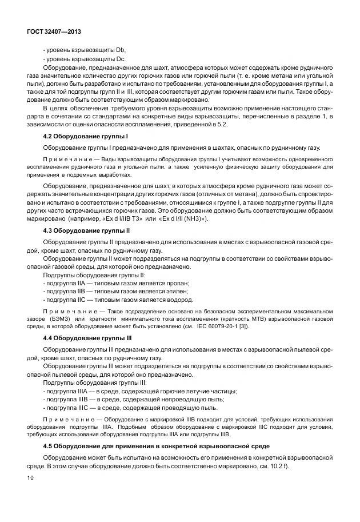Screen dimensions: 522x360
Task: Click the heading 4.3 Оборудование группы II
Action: (87, 230)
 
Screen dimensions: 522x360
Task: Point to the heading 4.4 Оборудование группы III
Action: (88, 338)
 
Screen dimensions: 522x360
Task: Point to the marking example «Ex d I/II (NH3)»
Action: (180, 218)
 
